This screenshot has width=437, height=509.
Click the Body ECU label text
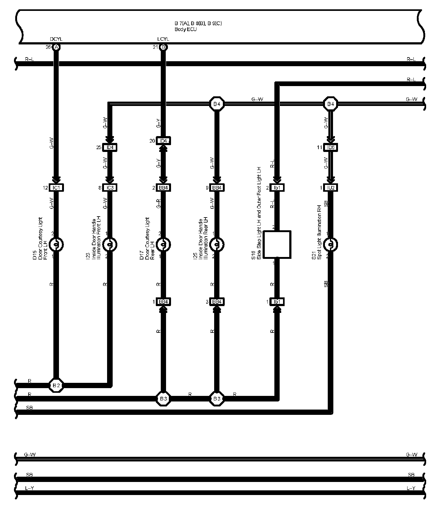point(186,30)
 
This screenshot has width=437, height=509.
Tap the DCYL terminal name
point(56,39)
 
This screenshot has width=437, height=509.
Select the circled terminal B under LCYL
point(163,47)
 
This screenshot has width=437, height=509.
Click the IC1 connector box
point(56,188)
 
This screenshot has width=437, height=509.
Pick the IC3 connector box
point(110,188)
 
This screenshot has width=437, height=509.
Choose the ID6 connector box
point(331,147)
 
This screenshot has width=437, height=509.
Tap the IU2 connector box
point(331,188)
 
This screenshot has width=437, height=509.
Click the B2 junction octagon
point(56,385)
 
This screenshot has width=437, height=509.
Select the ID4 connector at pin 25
point(110,147)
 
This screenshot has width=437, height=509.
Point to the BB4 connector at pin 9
point(217,188)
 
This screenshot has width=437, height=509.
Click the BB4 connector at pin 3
point(217,302)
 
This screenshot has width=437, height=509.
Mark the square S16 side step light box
point(277,245)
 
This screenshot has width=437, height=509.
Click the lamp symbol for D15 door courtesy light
point(56,245)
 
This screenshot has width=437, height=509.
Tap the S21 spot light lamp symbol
point(331,245)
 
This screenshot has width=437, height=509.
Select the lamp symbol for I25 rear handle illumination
point(217,245)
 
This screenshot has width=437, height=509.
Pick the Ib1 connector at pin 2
point(277,188)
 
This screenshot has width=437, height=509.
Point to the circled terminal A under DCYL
point(56,47)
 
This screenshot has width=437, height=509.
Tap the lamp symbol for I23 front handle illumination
point(110,245)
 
